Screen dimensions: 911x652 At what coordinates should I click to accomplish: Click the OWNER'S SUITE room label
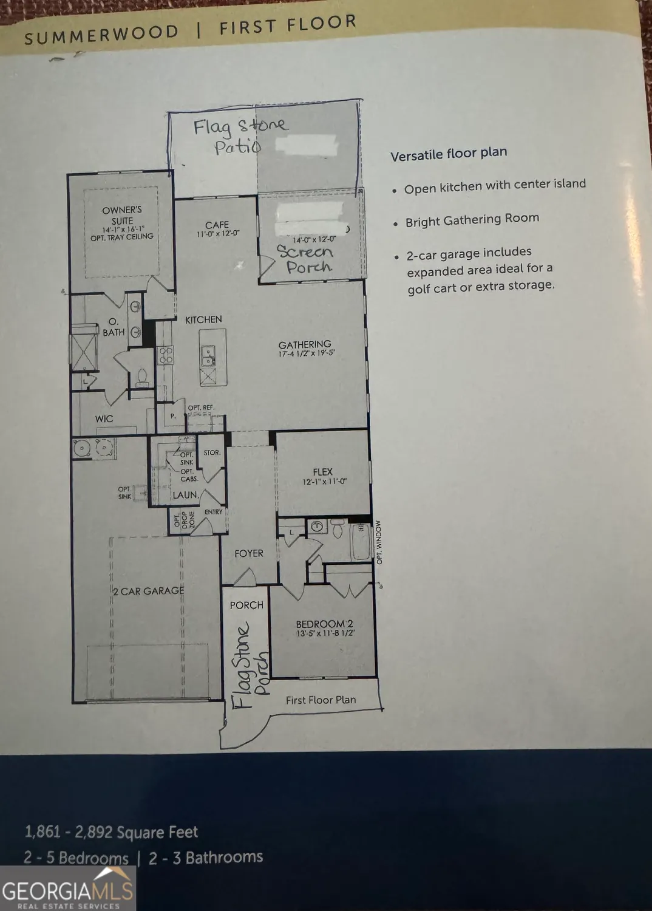pos(122,216)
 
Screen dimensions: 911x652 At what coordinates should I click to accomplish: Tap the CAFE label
pos(217,225)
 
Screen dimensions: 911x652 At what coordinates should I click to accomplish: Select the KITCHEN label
pos(203,319)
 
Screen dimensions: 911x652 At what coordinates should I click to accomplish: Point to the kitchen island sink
pos(208,355)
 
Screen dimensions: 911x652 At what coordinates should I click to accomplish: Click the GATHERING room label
pos(305,344)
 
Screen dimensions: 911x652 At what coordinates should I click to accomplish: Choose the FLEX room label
pos(323,472)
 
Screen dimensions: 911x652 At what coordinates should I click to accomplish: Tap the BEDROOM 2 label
pos(324,624)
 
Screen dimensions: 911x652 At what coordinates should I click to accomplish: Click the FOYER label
pos(249,553)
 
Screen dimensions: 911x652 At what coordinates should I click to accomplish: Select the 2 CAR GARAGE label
pos(149,591)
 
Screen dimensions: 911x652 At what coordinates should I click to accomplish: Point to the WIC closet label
pos(104,418)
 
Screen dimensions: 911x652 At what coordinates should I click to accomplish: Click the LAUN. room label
pos(185,495)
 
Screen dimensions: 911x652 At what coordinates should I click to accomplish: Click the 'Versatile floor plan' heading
pos(449,154)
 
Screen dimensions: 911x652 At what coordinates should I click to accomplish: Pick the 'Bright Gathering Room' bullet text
pos(472,220)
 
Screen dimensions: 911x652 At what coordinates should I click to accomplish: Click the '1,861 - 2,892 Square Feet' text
pos(112,831)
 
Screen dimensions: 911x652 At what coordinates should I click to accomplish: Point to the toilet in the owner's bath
pos(143,378)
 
